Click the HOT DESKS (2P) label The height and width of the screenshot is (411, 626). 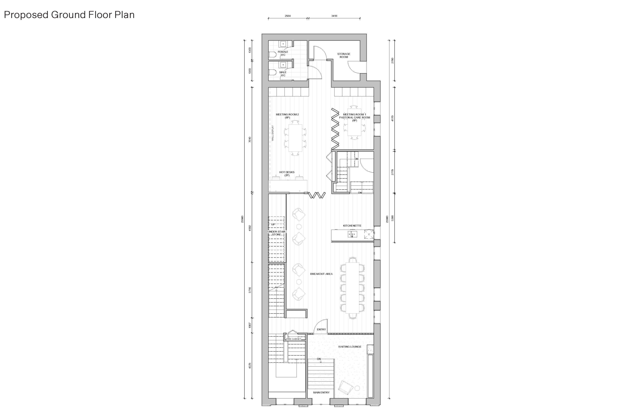coord(287,174)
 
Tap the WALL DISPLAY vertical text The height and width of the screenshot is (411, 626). coord(273,133)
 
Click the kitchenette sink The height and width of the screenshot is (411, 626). coord(352,234)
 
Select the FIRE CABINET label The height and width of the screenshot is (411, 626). coord(294,339)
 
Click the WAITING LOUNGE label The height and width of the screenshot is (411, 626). coord(350,347)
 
